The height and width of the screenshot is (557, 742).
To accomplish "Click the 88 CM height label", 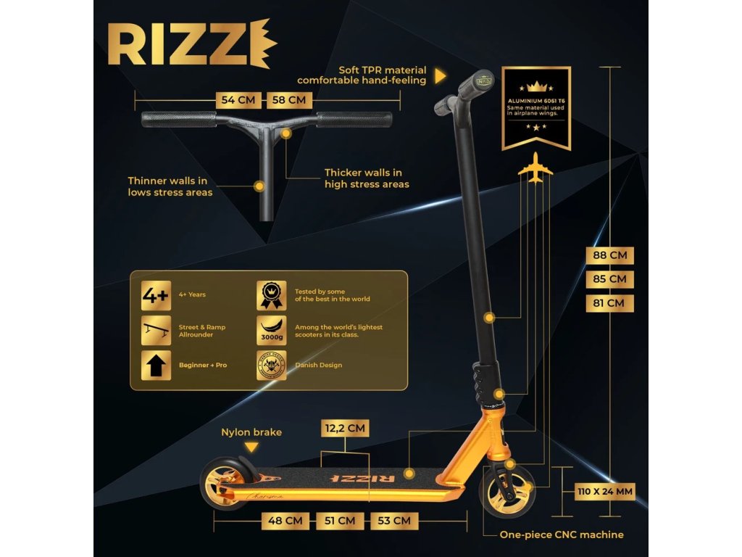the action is tap(609, 255).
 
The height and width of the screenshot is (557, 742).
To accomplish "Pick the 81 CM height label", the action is tap(609, 302).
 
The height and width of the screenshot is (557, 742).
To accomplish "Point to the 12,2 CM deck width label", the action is tap(346, 428).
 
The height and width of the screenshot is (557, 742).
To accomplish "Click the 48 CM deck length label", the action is tap(285, 520).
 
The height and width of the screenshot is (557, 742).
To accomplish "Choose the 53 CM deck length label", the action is tap(393, 520).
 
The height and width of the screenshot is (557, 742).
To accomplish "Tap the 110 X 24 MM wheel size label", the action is tap(605, 492).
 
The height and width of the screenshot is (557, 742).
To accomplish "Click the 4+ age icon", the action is tap(156, 295).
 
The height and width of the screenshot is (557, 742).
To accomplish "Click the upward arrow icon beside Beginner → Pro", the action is tap(156, 366).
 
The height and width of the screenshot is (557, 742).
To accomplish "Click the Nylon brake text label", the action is tap(251, 432).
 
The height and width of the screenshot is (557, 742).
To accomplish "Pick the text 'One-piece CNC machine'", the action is tap(562, 535).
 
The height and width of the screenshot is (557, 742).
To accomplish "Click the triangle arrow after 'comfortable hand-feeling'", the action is tap(439, 75).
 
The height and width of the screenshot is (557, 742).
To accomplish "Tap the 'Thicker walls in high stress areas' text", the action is tap(367, 178).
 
